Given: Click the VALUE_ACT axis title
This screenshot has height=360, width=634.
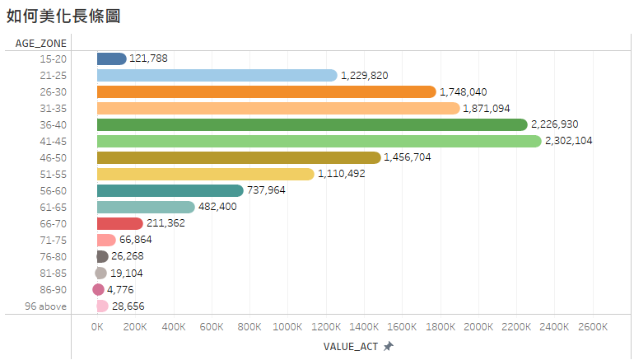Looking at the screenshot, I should pos(352,347).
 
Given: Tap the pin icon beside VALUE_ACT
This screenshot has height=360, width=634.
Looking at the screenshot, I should pos(389,347).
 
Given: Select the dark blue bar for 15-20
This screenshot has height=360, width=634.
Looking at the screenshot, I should pos(111,58).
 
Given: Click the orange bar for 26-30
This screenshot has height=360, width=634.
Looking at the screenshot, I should pos(266,91).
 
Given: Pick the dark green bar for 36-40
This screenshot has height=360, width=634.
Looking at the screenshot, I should pos(312,124).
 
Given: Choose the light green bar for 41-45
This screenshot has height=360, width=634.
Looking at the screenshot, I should pos(319,141).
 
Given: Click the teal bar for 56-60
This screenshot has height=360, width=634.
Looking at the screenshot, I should pos(170,190).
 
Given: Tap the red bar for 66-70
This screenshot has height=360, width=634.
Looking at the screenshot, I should pos(120,223).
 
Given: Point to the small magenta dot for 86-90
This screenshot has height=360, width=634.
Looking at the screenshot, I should pos(99,289).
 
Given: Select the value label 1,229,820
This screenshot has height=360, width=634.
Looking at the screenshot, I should pos(364,75).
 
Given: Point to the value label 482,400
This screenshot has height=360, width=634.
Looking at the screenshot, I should pos(218,207).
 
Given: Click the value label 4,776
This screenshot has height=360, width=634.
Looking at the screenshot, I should pos(120,289).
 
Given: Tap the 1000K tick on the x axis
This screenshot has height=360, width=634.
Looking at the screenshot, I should pos(287,327).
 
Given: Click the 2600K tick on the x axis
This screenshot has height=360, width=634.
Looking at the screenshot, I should pos(592,327).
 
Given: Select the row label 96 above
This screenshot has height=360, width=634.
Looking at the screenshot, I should pos(46,306).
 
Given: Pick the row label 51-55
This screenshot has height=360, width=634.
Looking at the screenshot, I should pos(54,174).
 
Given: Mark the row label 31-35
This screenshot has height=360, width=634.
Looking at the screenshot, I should pos(54,108).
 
